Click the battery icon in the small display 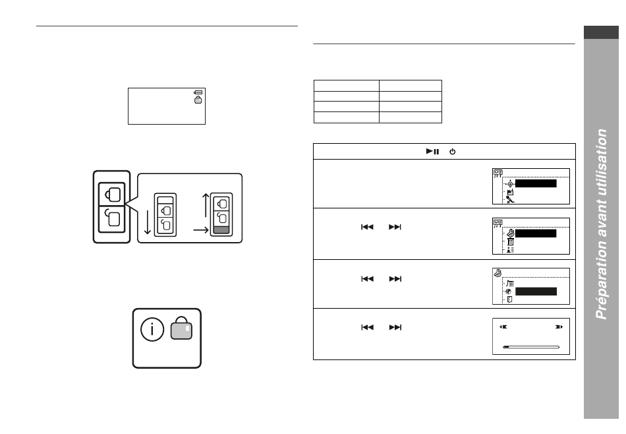pyautogui.click(x=198, y=92)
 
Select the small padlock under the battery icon pyautogui.click(x=198, y=100)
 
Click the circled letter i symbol pyautogui.click(x=152, y=329)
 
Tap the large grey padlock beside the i pyautogui.click(x=181, y=328)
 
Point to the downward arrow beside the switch pyautogui.click(x=148, y=222)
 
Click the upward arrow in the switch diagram pyautogui.click(x=206, y=205)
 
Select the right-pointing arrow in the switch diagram pyautogui.click(x=201, y=230)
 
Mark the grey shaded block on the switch pyautogui.click(x=221, y=230)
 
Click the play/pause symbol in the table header pyautogui.click(x=433, y=152)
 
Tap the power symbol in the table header pyautogui.click(x=452, y=152)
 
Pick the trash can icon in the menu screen pyautogui.click(x=510, y=242)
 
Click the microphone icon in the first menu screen pyautogui.click(x=510, y=200)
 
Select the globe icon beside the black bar pyautogui.click(x=508, y=292)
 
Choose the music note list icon pyautogui.click(x=510, y=284)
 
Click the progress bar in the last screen pyautogui.click(x=531, y=348)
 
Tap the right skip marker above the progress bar pyautogui.click(x=559, y=327)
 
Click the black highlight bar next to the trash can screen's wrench pyautogui.click(x=536, y=233)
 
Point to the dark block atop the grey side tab pyautogui.click(x=601, y=32)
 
